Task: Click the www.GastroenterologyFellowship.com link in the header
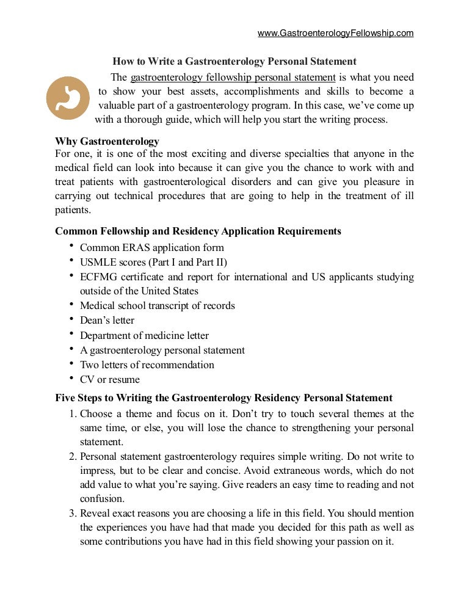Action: (x=335, y=33)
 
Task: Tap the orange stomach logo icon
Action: (x=68, y=98)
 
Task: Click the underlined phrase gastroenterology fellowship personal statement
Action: (x=233, y=78)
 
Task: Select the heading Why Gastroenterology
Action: (x=107, y=142)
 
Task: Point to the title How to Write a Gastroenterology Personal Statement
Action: (x=234, y=62)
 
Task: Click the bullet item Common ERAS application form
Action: (x=152, y=247)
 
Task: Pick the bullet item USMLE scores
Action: (x=153, y=262)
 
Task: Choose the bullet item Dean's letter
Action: (x=107, y=320)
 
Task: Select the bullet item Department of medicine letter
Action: (x=144, y=335)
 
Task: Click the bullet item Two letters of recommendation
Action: (x=147, y=365)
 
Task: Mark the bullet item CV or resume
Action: (x=110, y=379)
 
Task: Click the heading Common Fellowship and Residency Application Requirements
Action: (x=198, y=231)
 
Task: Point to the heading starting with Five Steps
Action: (x=224, y=398)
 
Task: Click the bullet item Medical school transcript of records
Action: (x=158, y=305)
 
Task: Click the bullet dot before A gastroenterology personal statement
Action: (x=71, y=349)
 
